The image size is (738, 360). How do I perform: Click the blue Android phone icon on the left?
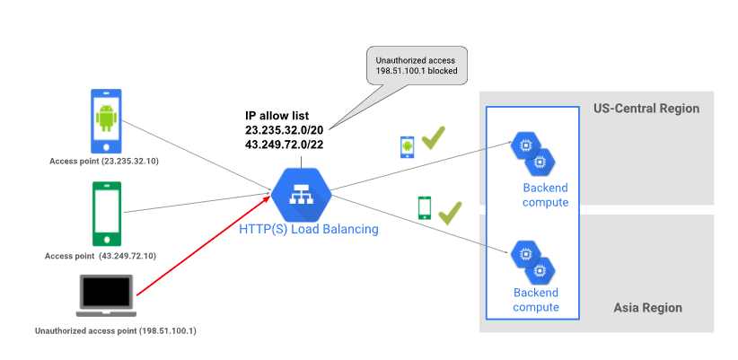click(107, 119)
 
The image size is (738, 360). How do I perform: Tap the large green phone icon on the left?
click(107, 214)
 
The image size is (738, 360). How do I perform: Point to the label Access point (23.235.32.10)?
click(106, 162)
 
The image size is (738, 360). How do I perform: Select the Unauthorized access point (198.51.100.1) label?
click(115, 331)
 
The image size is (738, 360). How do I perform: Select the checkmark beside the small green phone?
click(449, 213)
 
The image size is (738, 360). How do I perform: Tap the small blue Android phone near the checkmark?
click(407, 146)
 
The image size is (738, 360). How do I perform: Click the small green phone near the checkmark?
click(425, 208)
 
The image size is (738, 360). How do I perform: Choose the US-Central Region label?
click(646, 109)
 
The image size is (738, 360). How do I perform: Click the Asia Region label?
click(647, 308)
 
